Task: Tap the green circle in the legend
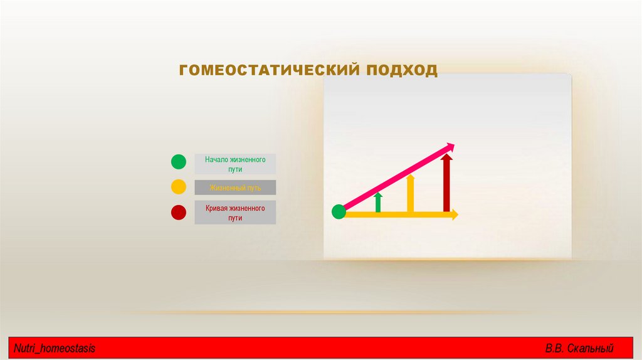tap(179, 162)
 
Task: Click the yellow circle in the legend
tap(179, 187)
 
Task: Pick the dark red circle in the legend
tap(179, 213)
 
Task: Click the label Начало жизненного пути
tap(235, 164)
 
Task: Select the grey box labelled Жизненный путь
tap(235, 188)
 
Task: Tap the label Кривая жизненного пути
tap(235, 213)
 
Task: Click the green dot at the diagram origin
tap(339, 212)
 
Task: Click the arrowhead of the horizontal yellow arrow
tap(454, 214)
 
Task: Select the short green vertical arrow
tap(378, 203)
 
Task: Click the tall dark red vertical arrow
tap(446, 183)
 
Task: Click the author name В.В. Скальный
tap(579, 348)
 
